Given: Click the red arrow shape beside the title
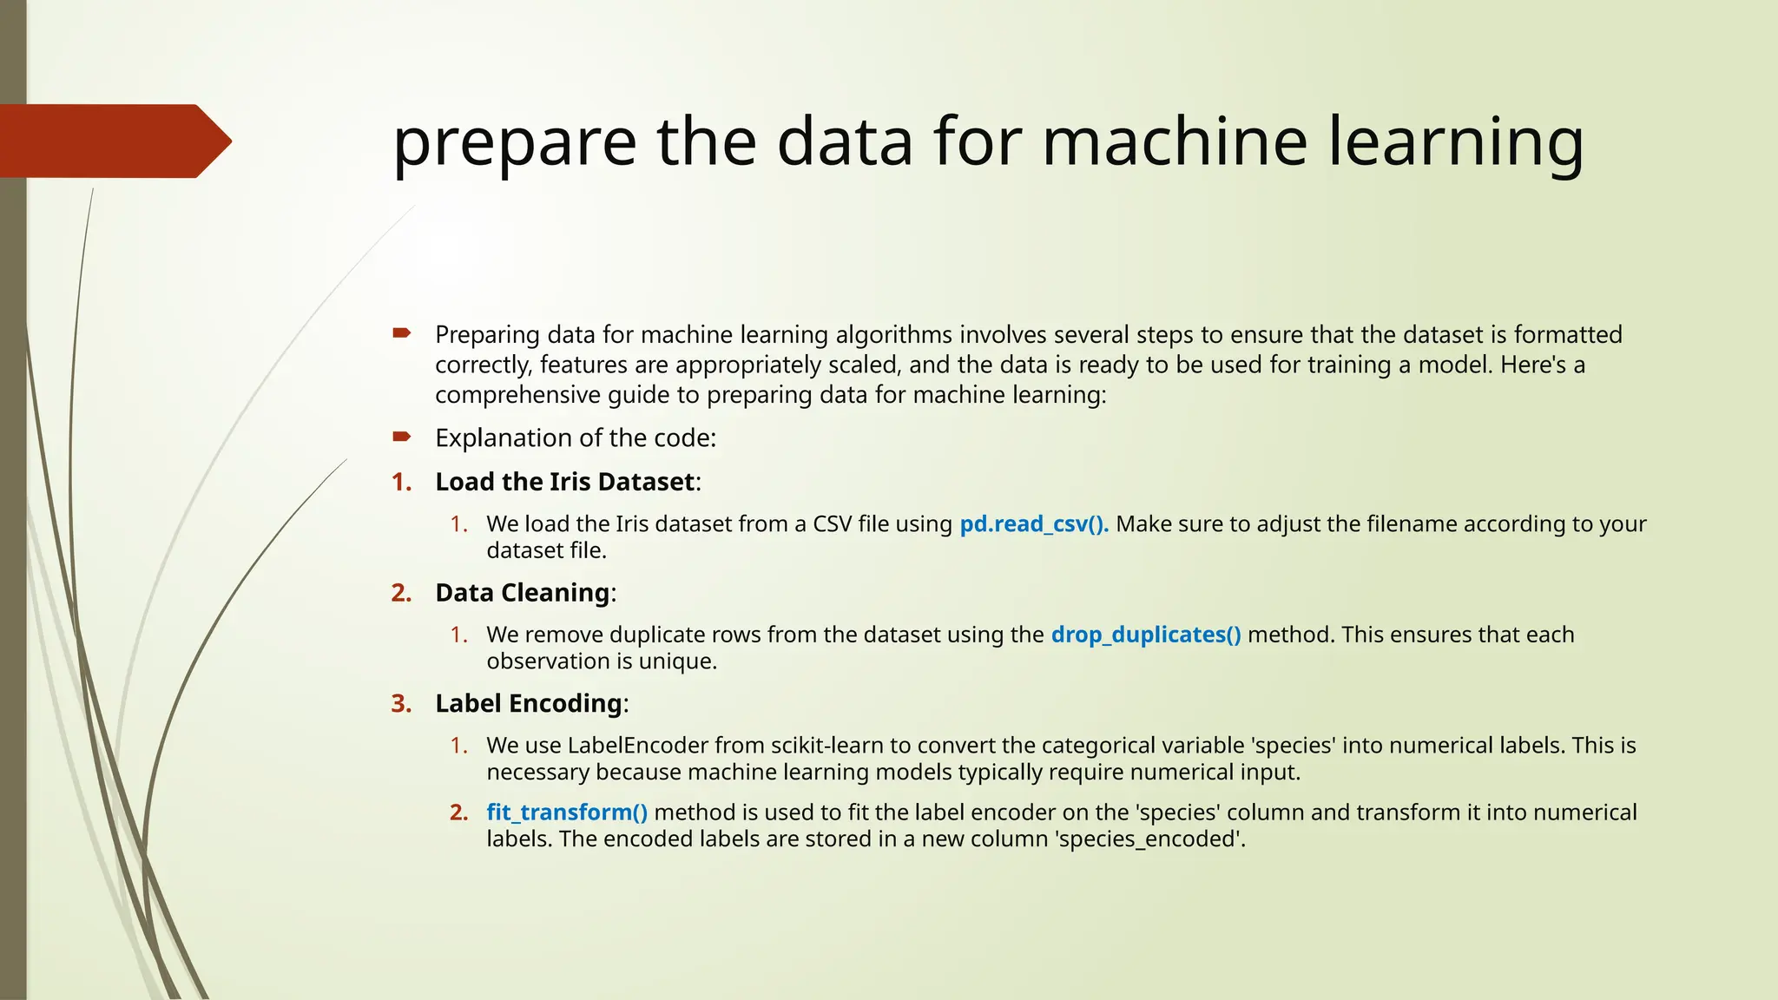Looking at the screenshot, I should [113, 141].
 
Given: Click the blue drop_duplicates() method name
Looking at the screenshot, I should [1146, 635].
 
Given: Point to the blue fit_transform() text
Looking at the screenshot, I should [567, 812].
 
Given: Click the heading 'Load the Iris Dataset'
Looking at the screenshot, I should [565, 482].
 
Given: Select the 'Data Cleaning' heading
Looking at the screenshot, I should [523, 593].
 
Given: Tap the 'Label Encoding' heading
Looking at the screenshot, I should [529, 703].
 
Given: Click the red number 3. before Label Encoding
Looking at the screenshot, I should [401, 703].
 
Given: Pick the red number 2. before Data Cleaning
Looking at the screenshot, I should [401, 593].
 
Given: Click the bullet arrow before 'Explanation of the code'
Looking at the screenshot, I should [401, 437].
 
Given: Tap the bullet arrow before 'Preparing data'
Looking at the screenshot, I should [401, 333].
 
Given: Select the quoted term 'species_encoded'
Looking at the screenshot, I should [1149, 839].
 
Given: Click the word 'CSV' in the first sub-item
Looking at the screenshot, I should [832, 524].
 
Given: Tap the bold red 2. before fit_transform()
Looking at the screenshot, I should [459, 812].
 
